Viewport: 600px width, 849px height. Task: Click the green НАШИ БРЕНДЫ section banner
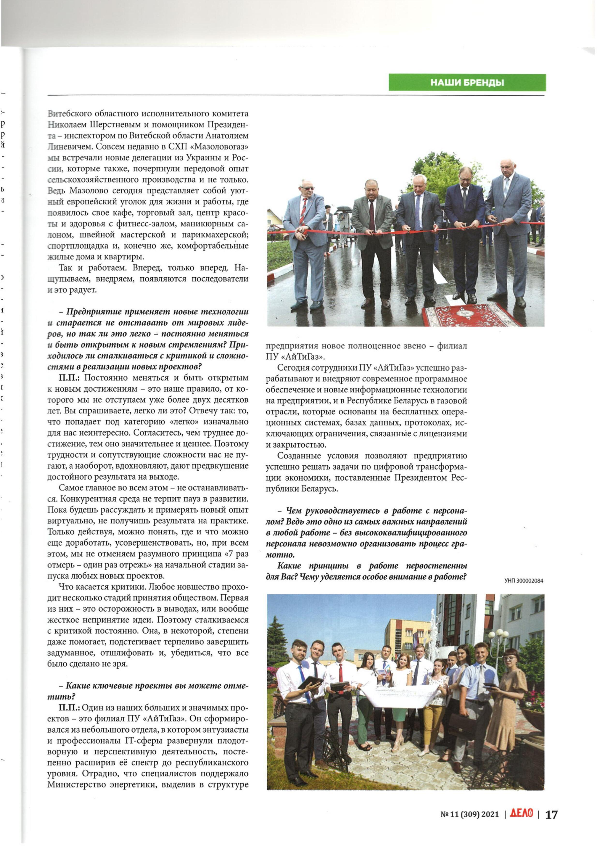point(467,83)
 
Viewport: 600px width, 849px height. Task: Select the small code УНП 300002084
point(524,581)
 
